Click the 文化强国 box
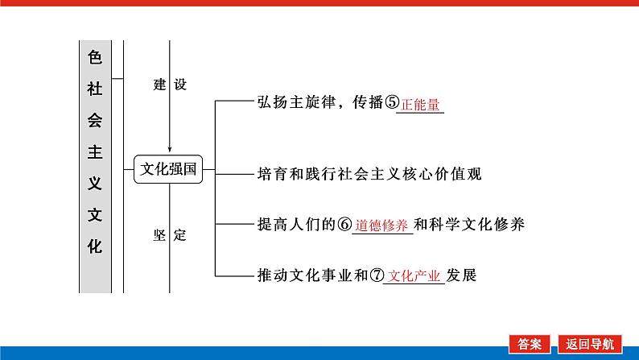click(x=168, y=170)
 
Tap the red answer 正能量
click(x=422, y=105)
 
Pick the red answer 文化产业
click(x=414, y=275)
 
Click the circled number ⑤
click(x=392, y=104)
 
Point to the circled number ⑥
click(x=344, y=225)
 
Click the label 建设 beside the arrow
click(x=168, y=84)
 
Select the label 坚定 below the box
click(x=168, y=235)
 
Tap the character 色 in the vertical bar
click(x=95, y=57)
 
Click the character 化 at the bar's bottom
click(x=95, y=246)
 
